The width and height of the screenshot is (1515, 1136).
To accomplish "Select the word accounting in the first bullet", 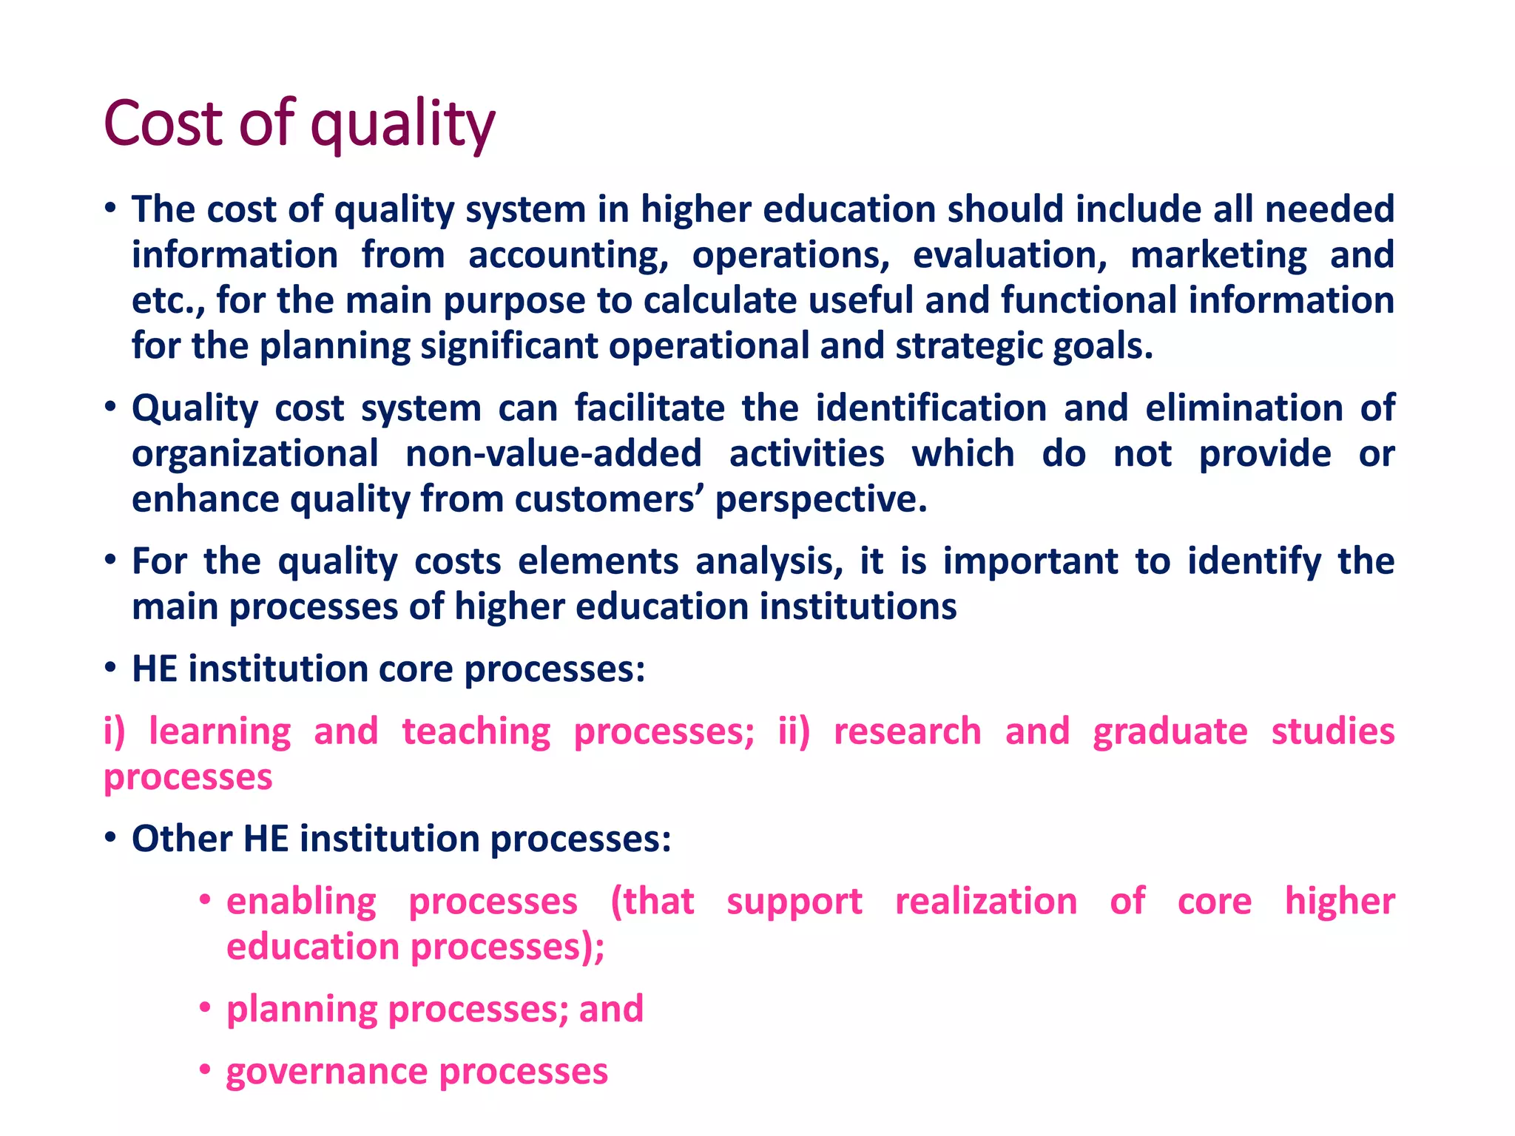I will click(x=568, y=256).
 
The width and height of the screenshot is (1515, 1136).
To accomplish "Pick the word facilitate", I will click(x=649, y=409).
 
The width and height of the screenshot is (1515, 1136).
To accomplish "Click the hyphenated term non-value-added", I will click(x=553, y=454).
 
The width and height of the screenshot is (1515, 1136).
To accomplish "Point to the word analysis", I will click(x=769, y=562).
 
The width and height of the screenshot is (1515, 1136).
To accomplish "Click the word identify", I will click(x=1254, y=562).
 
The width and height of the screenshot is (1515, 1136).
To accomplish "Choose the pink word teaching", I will click(x=476, y=732).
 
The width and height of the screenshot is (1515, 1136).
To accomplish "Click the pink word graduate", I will click(x=1170, y=732).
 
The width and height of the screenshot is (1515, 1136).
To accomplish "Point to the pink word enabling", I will click(x=301, y=902).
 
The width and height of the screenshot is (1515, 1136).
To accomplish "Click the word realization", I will click(x=986, y=902).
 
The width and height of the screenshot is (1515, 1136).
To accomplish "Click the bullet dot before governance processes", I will click(x=206, y=1070).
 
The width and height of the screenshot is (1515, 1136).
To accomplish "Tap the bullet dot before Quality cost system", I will click(x=110, y=408).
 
